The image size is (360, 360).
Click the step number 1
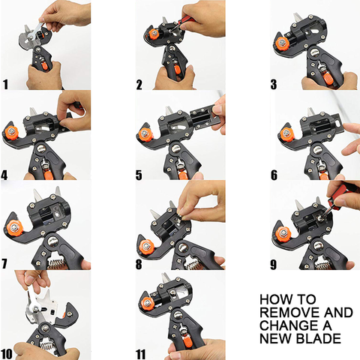[5, 84]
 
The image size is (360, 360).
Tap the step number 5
[139, 175]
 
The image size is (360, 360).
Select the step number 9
[274, 265]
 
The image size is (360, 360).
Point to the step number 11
[140, 355]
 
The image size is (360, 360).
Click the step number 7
[4, 264]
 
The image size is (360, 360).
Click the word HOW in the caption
[274, 299]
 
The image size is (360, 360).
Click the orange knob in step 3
[282, 43]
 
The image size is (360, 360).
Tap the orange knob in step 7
[15, 228]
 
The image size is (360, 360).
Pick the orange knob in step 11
[148, 304]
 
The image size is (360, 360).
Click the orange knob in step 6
[287, 134]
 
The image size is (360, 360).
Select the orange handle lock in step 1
[45, 66]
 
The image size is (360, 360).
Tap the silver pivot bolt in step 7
[52, 241]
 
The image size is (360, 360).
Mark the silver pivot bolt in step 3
[314, 52]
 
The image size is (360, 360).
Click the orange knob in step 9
[283, 233]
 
